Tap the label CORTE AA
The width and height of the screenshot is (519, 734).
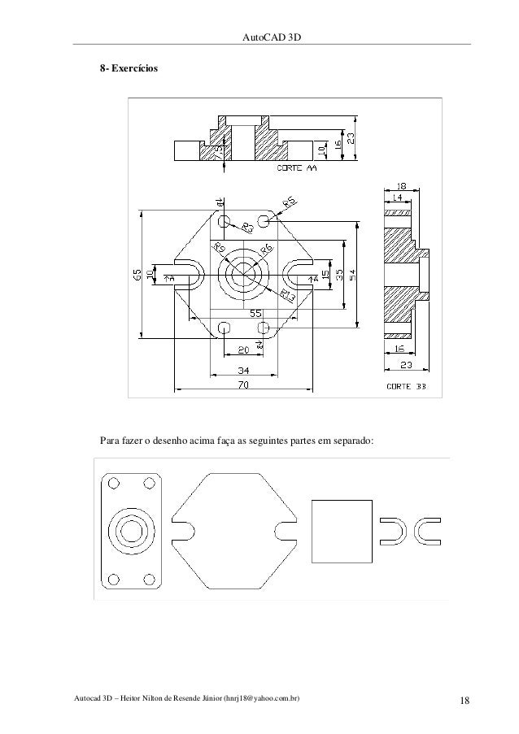click(299, 169)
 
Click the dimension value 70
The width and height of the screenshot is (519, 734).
click(243, 385)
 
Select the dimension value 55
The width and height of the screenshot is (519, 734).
click(255, 313)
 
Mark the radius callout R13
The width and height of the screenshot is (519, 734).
click(287, 295)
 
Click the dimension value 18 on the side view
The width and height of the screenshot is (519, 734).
click(402, 186)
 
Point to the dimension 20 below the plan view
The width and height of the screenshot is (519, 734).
click(242, 350)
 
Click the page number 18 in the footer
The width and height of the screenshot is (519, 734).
click(464, 701)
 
